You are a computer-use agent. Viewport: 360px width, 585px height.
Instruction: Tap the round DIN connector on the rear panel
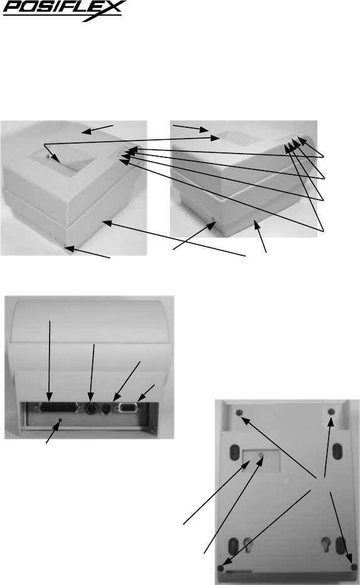(x=91, y=409)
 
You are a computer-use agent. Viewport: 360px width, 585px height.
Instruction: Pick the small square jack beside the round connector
(x=106, y=409)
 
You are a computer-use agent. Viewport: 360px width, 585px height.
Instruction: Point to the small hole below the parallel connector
(x=60, y=421)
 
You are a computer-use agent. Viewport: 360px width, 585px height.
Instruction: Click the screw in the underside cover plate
(x=261, y=455)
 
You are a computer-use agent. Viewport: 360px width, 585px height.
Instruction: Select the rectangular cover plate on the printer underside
(x=261, y=461)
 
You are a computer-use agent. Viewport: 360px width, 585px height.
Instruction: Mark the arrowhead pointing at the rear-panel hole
(x=56, y=427)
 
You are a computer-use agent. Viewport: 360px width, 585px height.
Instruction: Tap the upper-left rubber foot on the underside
(x=240, y=413)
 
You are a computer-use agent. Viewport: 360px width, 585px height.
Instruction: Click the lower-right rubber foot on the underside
(x=354, y=567)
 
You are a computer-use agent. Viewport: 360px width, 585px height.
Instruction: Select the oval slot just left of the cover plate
(x=235, y=453)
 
